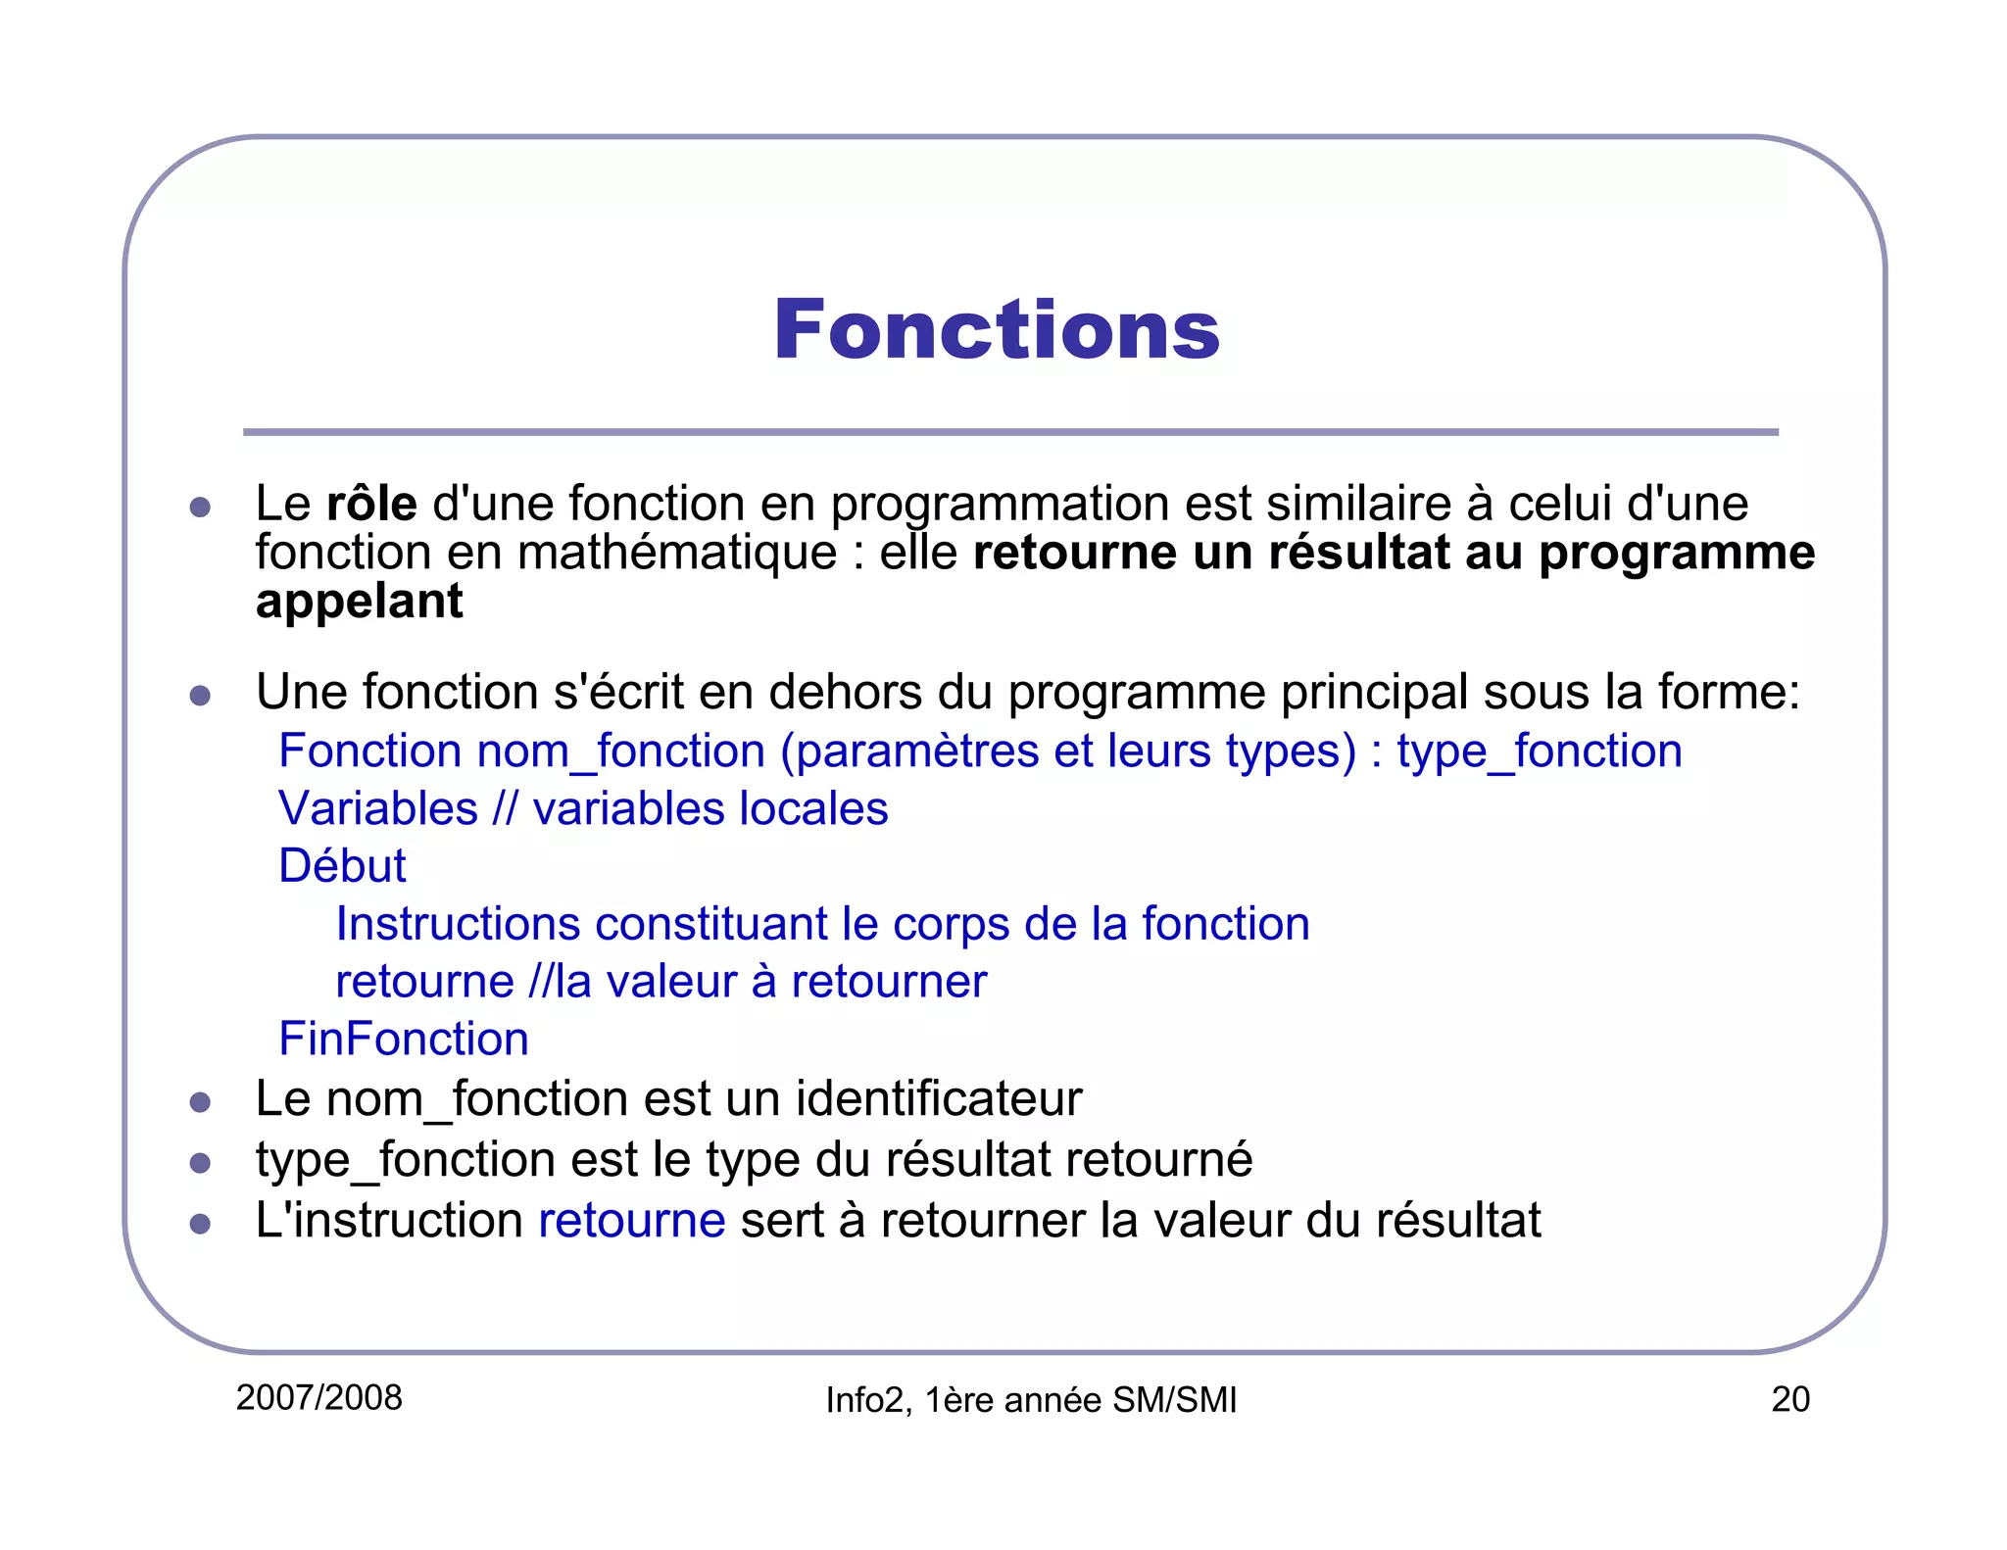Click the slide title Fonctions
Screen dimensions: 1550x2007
(997, 330)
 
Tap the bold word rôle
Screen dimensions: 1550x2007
(371, 504)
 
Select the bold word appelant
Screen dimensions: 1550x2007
(359, 602)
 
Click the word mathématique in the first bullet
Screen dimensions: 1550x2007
(677, 553)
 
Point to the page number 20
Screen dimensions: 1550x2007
(1789, 1399)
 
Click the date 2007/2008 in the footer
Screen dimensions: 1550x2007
(319, 1398)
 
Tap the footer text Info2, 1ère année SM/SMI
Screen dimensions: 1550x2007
(1031, 1400)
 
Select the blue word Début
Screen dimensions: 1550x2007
(342, 866)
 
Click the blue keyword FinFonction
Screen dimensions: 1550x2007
(404, 1039)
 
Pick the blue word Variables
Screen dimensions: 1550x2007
(378, 809)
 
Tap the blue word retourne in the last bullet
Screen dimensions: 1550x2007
(632, 1221)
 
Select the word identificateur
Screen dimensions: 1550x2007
(939, 1098)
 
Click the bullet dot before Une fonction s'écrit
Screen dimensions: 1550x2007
(201, 696)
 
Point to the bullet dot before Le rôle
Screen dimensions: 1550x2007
(201, 507)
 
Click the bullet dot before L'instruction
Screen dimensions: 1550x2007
(201, 1224)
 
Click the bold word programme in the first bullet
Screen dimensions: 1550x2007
(1677, 554)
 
